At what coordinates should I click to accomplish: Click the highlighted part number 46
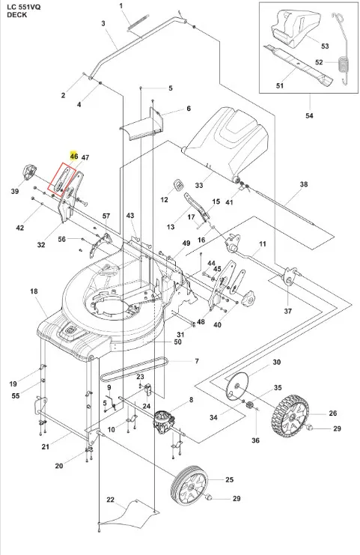click(x=74, y=156)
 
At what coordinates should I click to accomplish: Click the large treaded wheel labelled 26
click(x=290, y=414)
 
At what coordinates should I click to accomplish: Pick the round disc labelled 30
click(x=238, y=387)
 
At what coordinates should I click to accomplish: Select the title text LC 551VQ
click(x=24, y=7)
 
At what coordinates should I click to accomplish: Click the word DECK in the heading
click(x=16, y=15)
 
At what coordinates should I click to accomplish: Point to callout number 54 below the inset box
click(x=309, y=116)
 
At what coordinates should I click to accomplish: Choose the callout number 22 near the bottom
click(x=110, y=500)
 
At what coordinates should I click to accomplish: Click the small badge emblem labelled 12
click(x=180, y=185)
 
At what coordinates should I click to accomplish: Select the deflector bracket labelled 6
click(x=142, y=124)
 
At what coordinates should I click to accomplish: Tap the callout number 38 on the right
click(x=303, y=184)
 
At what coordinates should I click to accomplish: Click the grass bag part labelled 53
click(x=296, y=28)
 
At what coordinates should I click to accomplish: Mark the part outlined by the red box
click(x=63, y=179)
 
